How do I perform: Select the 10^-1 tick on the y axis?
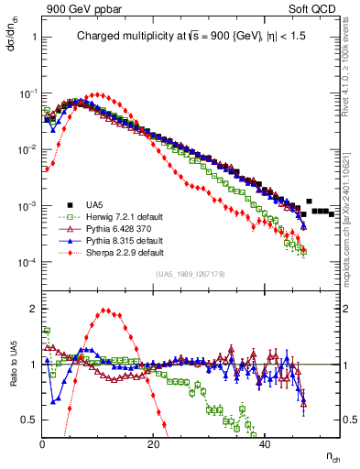[28, 93]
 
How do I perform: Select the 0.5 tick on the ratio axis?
[30, 420]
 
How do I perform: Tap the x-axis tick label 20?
[153, 445]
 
